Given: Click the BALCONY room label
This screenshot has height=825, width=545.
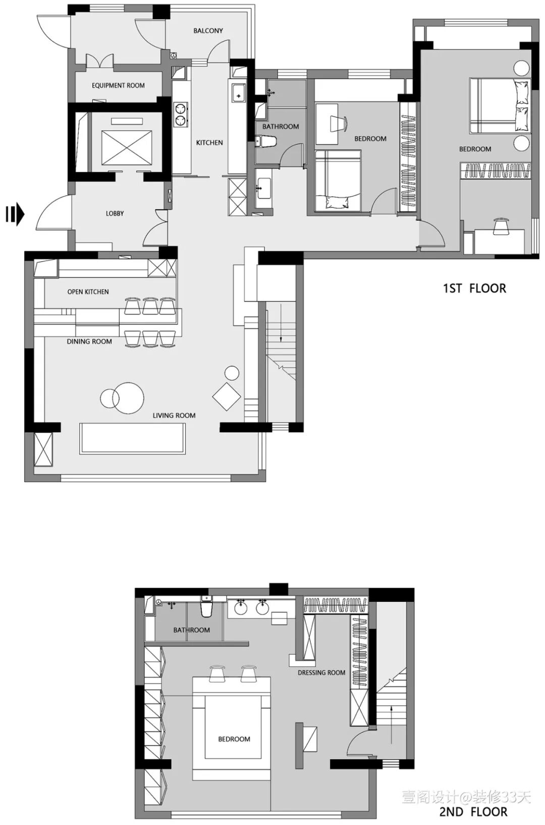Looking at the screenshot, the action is (x=208, y=31).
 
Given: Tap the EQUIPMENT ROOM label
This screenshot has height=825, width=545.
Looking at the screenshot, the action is (x=118, y=85).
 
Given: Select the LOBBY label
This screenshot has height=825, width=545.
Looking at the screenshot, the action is (x=115, y=213).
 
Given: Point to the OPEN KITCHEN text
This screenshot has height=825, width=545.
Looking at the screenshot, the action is (x=88, y=292).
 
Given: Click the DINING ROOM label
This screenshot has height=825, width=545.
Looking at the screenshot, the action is (x=89, y=341).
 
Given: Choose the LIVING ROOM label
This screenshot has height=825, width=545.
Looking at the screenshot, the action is (x=174, y=416).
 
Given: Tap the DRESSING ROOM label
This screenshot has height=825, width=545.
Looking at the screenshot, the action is (x=321, y=673).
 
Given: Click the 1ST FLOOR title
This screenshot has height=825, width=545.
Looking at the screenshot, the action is (x=474, y=288).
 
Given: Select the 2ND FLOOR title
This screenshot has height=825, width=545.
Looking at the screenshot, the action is (x=473, y=811).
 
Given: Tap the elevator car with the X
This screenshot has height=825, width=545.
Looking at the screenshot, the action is (x=127, y=147).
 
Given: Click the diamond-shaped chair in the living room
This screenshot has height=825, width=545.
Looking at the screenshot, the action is (x=227, y=397).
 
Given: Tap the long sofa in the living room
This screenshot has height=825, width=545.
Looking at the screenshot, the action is (x=133, y=438).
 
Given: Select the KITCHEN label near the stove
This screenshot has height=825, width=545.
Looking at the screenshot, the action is (x=209, y=142).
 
